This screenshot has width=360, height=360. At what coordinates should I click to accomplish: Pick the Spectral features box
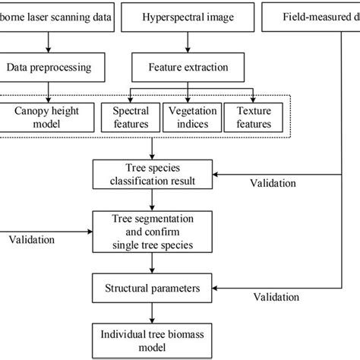[131, 117]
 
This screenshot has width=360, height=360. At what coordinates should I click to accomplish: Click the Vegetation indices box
[192, 117]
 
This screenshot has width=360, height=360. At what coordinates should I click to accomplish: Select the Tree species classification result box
[154, 174]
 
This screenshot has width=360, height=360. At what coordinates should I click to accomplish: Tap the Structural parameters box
[154, 289]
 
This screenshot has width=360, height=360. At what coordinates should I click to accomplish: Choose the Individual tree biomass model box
[154, 339]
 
